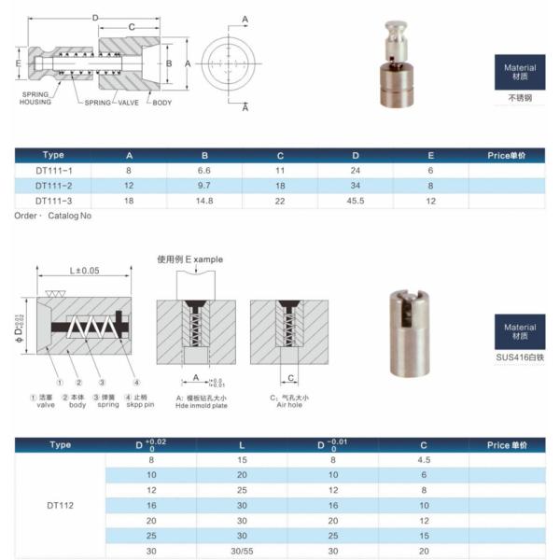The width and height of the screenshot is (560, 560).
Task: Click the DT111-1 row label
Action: [x=54, y=171]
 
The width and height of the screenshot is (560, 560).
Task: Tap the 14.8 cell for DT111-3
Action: [x=204, y=201]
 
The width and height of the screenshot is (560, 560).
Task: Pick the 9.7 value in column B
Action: [x=204, y=186]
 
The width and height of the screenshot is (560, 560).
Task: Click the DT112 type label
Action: [x=61, y=505]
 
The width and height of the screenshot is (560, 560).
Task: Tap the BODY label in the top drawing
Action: [x=162, y=102]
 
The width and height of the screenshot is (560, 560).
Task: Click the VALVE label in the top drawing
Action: [x=128, y=102]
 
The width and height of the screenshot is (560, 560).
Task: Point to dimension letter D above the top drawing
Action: [x=95, y=18]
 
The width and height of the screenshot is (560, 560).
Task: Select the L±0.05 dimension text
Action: [x=85, y=271]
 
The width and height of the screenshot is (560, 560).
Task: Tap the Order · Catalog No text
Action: [x=53, y=216]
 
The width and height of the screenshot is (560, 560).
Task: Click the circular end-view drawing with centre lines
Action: [x=226, y=63]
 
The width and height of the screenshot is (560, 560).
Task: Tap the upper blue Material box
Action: [x=520, y=72]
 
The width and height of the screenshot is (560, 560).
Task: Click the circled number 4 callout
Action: [x=136, y=382]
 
